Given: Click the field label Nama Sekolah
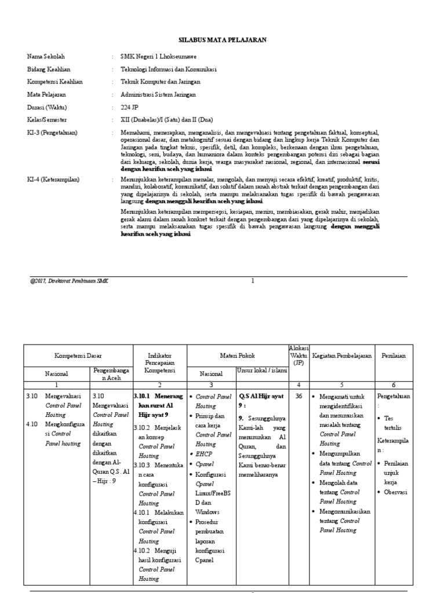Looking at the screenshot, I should (46, 57).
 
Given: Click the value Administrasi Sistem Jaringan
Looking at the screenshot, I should (158, 94).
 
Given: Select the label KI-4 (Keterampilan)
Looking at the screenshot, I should (53, 180).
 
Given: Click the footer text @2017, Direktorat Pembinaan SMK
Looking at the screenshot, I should (69, 281).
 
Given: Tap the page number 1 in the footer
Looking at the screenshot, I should (253, 281).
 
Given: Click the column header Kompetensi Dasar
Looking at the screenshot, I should (78, 356).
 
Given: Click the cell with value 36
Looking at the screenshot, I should (299, 397).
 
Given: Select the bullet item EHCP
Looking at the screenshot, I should (203, 454).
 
